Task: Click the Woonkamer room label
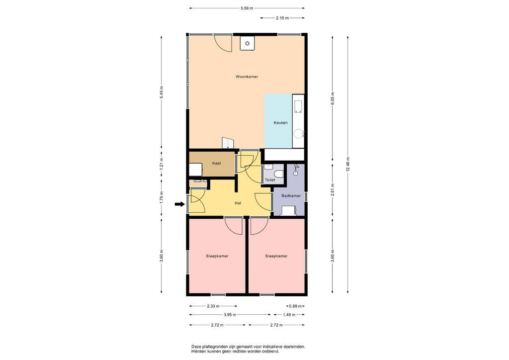click(x=247, y=77)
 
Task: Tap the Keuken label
click(x=280, y=123)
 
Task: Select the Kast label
click(x=217, y=163)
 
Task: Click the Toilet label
click(x=270, y=180)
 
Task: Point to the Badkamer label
click(x=291, y=196)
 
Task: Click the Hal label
click(x=238, y=203)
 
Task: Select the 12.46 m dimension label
click(x=347, y=164)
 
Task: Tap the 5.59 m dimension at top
click(x=247, y=8)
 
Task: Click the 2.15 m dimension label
click(x=282, y=18)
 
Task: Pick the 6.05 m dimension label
click(x=333, y=98)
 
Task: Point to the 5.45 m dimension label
click(x=162, y=92)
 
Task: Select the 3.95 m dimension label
click(x=230, y=315)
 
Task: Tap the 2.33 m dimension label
click(x=213, y=306)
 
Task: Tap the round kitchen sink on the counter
click(x=298, y=133)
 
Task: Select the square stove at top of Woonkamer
click(x=247, y=43)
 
